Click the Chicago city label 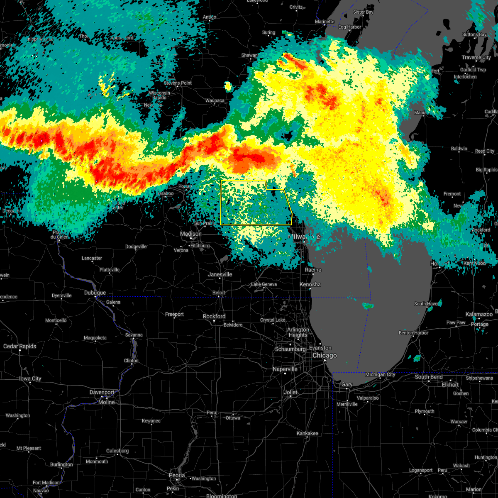[x=325, y=356]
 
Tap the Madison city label [x=190, y=234]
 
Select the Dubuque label [x=95, y=293]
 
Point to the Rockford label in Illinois [x=214, y=316]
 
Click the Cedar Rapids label [x=20, y=346]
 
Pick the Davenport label [x=102, y=392]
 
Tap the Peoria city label [x=177, y=475]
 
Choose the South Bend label [x=428, y=377]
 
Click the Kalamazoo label [x=479, y=314]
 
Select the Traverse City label [x=476, y=57]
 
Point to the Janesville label [x=220, y=274]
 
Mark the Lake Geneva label [x=264, y=284]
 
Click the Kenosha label [x=310, y=284]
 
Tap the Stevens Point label [x=178, y=83]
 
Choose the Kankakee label [x=308, y=433]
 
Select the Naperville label [x=285, y=369]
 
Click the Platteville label [x=110, y=270]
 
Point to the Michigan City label [x=380, y=374]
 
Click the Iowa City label [x=30, y=378]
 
